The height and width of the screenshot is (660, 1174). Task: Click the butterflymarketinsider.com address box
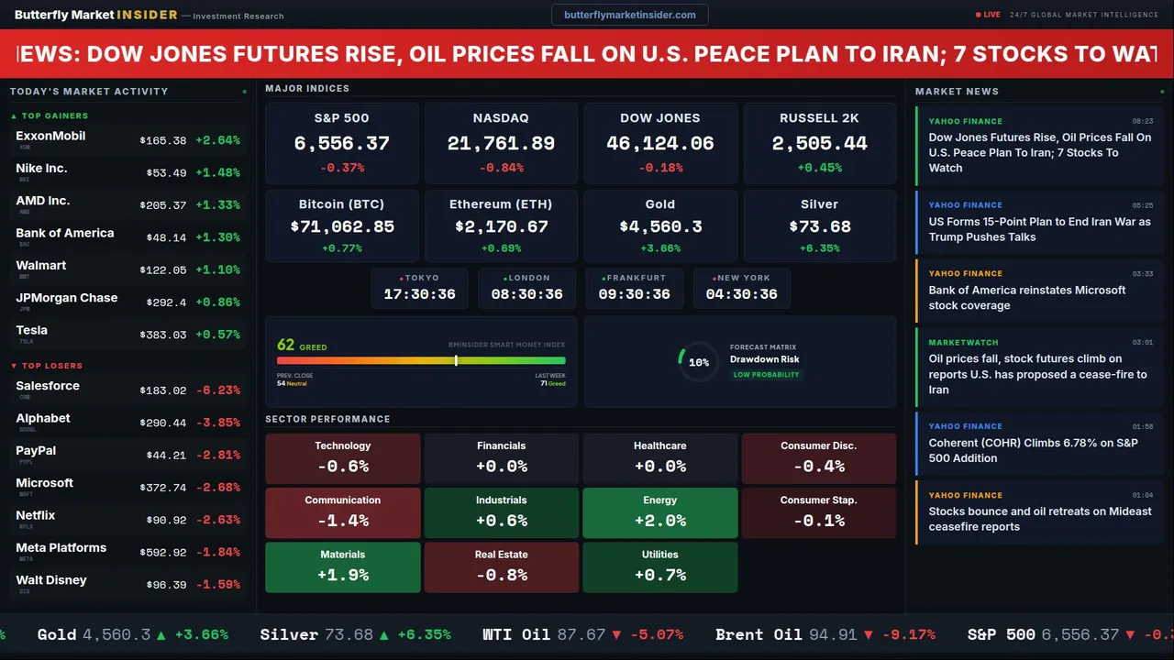[629, 15]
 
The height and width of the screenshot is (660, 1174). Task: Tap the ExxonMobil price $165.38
[163, 140]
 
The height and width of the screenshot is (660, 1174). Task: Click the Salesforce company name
[48, 386]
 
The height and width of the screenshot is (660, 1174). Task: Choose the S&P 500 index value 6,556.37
[341, 144]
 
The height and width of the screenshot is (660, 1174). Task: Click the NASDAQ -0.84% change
[501, 168]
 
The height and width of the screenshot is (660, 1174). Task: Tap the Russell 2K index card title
[819, 118]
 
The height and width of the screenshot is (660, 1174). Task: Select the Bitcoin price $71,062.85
[342, 226]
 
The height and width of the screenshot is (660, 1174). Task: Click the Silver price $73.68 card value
[819, 226]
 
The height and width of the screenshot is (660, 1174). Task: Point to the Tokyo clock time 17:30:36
[419, 294]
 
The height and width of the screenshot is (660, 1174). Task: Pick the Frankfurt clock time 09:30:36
[634, 294]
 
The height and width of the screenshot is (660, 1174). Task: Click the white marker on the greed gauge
[456, 360]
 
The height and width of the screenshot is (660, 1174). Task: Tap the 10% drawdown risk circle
[698, 362]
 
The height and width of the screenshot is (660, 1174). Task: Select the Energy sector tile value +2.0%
[659, 521]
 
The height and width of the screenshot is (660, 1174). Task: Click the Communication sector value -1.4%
[342, 521]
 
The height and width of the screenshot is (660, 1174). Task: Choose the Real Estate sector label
[501, 555]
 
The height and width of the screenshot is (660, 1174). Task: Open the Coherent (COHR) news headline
[1039, 450]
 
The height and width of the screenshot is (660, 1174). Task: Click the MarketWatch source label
[963, 343]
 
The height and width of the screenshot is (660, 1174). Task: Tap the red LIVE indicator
[989, 15]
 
